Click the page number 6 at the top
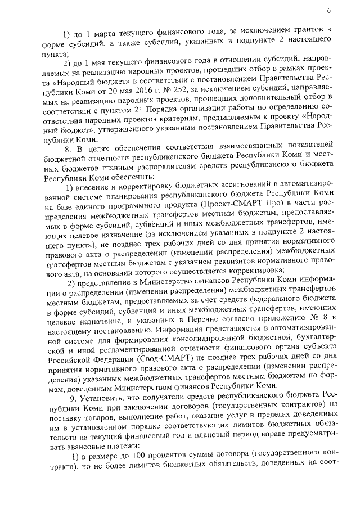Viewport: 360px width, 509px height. [x=327, y=10]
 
